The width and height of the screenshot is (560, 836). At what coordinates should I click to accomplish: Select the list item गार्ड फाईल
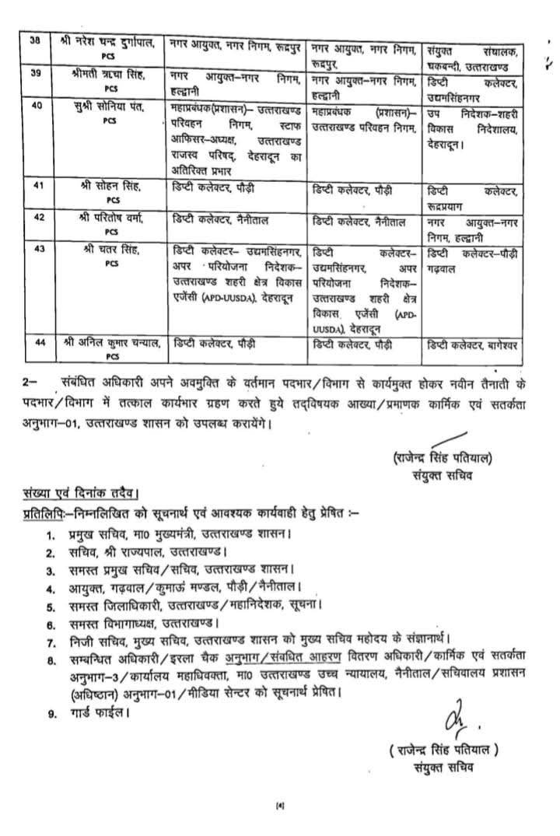click(93, 711)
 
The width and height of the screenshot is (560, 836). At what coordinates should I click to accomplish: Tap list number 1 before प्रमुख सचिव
click(50, 536)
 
